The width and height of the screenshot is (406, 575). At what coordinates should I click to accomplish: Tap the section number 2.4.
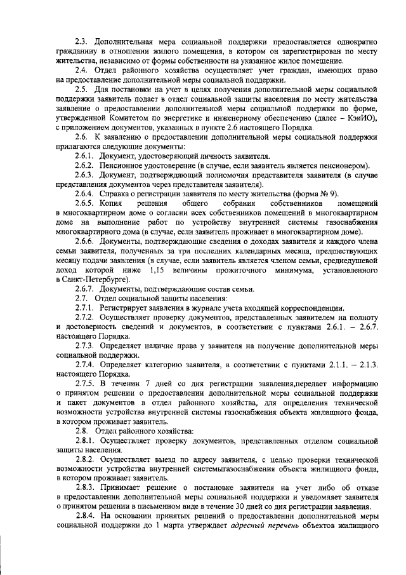click(81, 69)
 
